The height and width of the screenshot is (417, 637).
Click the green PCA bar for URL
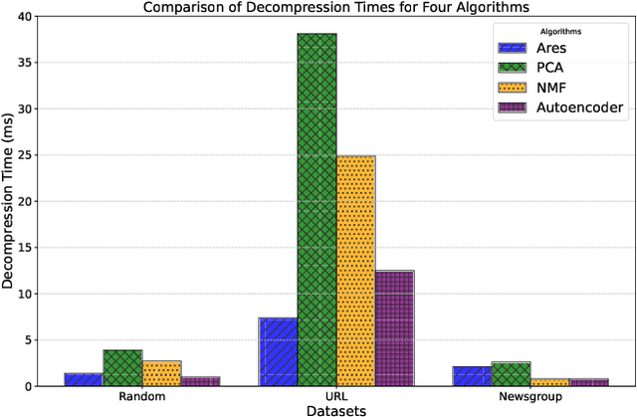pos(317,210)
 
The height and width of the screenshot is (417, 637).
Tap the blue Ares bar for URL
pos(278,351)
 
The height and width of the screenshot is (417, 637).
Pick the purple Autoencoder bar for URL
pos(394,328)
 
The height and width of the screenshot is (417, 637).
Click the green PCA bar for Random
pos(122,368)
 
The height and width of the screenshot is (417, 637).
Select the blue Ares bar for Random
pos(84,379)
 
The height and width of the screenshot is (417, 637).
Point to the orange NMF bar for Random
pos(161,373)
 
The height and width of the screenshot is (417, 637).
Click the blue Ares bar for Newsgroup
pos(472,376)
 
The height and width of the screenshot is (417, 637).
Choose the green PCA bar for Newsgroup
pos(511,374)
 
